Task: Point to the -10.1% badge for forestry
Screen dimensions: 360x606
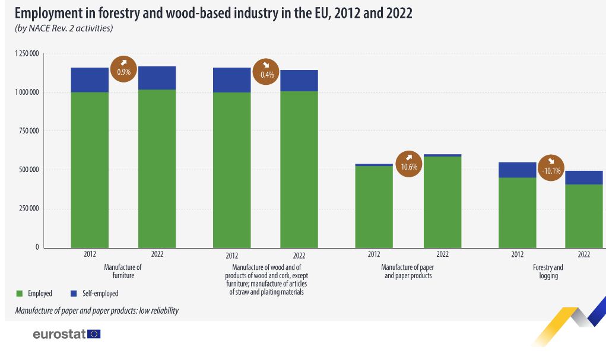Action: pos(551,168)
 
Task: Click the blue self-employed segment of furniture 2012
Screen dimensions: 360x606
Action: pos(90,80)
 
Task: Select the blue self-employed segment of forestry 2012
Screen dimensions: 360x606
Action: pos(517,170)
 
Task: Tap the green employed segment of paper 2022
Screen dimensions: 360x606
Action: pos(442,202)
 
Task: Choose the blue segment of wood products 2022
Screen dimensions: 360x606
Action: pos(299,81)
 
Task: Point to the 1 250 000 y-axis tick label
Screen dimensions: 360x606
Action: pos(27,54)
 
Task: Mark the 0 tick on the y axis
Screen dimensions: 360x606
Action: pos(37,247)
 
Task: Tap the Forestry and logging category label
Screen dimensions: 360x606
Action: pos(548,272)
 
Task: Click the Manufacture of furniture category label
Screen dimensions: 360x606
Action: pos(123,272)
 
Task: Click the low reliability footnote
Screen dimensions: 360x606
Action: pos(97,311)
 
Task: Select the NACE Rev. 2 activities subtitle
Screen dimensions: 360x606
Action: pos(64,28)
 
